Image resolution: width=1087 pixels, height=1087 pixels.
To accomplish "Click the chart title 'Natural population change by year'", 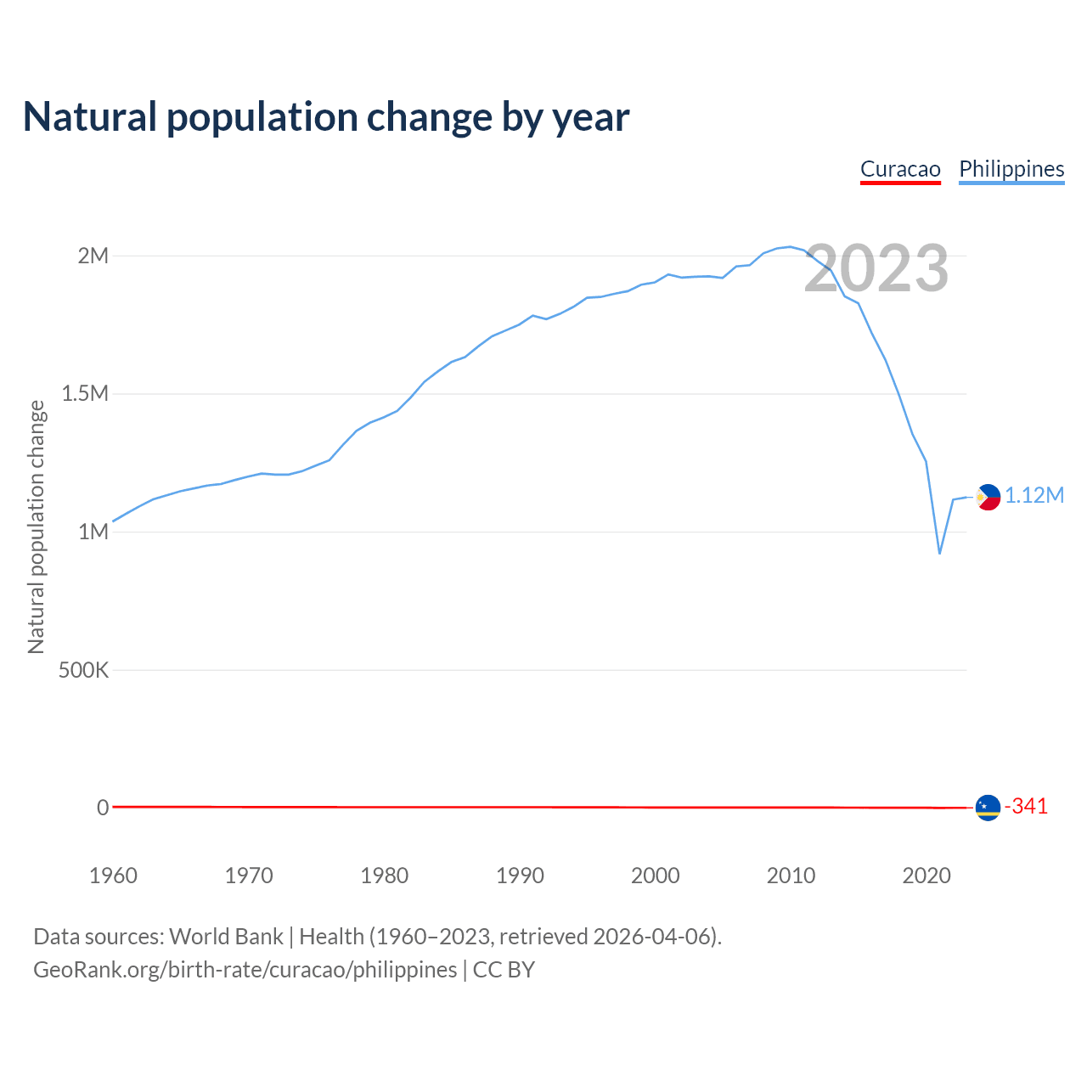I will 326,117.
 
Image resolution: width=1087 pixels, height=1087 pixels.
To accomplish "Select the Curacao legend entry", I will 900,169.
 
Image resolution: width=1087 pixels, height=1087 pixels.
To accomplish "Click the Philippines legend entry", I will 1011,169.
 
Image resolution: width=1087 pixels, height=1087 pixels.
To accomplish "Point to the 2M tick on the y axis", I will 93,256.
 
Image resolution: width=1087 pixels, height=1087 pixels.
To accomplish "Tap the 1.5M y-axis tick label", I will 85,394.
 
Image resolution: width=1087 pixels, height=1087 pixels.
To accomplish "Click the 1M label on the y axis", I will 93,532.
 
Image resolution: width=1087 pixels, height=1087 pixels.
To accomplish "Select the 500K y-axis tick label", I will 84,670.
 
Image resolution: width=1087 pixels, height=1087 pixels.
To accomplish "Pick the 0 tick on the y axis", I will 103,808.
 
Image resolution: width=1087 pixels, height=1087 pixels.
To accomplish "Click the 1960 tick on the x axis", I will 113,876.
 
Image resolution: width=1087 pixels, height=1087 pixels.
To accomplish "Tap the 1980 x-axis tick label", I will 385,876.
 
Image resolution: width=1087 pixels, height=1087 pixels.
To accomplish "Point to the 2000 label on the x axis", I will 656,876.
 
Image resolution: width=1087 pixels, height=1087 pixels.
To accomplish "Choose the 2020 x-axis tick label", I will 926,876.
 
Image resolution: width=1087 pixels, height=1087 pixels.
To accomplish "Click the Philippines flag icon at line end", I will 988,497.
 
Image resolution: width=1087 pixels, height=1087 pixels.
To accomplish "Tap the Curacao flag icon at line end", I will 988,808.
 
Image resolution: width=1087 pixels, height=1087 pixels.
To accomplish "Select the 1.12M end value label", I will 1034,496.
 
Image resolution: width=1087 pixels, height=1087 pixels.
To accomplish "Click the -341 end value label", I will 1026,807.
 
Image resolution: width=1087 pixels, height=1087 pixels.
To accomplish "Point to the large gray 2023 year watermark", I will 876,268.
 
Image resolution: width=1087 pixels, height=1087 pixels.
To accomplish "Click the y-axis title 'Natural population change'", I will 37,527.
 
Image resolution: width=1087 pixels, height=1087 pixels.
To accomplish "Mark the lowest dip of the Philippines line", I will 939,553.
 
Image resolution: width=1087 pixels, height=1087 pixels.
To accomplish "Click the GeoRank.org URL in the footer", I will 245,970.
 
